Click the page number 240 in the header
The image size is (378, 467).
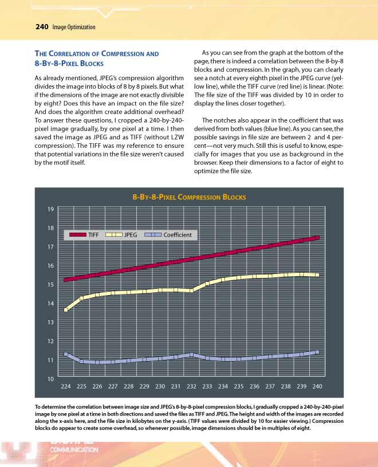pyautogui.click(x=41, y=27)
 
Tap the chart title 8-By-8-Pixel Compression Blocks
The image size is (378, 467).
pyautogui.click(x=189, y=197)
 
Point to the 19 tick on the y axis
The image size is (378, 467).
pyautogui.click(x=50, y=209)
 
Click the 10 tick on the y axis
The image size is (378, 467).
pyautogui.click(x=50, y=379)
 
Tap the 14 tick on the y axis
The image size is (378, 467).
pyautogui.click(x=50, y=304)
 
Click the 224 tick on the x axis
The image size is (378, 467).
pyautogui.click(x=66, y=386)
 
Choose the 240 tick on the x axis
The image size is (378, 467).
pyautogui.click(x=317, y=386)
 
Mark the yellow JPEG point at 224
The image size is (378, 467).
pyautogui.click(x=66, y=310)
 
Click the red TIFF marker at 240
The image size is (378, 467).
pyautogui.click(x=317, y=237)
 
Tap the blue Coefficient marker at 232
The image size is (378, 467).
pyautogui.click(x=191, y=355)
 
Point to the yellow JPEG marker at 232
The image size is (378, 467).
pyautogui.click(x=191, y=291)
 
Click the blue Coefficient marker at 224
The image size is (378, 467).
pyautogui.click(x=66, y=354)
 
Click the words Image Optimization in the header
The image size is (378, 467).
pyautogui.click(x=73, y=28)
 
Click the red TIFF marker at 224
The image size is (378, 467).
pyautogui.click(x=66, y=280)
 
